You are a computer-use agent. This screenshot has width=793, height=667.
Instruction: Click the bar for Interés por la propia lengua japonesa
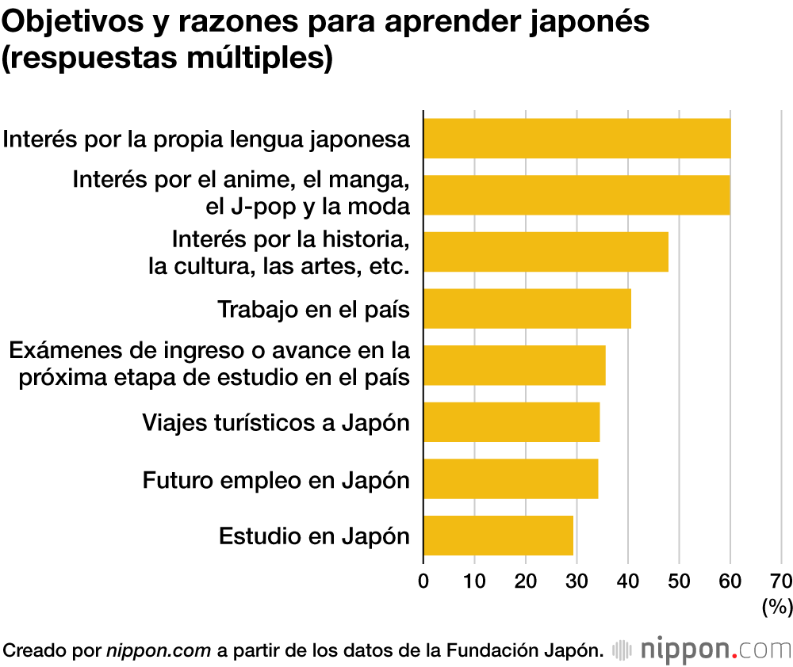[x=577, y=139]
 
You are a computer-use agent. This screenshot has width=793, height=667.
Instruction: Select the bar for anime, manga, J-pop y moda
[x=577, y=195]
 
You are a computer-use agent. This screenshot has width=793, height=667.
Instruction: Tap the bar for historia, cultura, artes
[x=546, y=252]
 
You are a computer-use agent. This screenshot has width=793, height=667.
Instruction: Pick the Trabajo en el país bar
[x=527, y=308]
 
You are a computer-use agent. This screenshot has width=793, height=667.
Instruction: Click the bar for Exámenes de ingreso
[x=515, y=365]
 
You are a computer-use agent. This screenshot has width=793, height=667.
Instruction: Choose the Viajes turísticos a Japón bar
[x=511, y=421]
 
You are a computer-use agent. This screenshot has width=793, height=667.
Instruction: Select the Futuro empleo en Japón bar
[x=511, y=478]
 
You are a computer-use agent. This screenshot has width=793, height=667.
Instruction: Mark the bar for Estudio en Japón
[x=498, y=536]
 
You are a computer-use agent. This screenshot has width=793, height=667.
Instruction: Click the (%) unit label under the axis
[x=777, y=608]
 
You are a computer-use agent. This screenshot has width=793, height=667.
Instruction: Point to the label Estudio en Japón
[x=314, y=536]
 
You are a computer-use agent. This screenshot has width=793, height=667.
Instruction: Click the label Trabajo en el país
[x=313, y=309]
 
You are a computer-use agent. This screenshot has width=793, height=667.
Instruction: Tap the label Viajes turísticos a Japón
[x=276, y=422]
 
